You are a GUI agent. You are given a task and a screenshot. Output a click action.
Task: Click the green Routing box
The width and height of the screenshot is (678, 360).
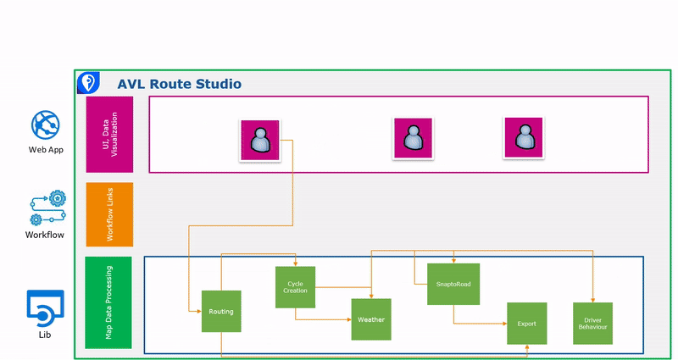point(221,311)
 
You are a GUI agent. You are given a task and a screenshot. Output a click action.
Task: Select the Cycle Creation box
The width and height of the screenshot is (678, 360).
point(295,287)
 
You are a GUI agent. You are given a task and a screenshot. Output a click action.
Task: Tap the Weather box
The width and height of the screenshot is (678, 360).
point(371,319)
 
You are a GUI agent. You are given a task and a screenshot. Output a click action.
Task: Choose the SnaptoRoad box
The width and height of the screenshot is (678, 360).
point(453,284)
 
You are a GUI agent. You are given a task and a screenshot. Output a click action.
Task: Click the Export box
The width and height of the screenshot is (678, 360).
point(526,323)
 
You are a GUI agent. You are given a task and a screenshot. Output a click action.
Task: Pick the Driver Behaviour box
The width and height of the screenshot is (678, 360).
point(592,323)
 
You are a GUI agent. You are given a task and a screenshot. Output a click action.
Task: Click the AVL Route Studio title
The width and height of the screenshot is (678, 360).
point(179,84)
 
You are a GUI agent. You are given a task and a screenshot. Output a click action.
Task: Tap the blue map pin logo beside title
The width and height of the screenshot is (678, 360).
point(87,82)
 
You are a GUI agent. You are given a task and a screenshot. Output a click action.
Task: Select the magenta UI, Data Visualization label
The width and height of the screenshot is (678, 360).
point(109,135)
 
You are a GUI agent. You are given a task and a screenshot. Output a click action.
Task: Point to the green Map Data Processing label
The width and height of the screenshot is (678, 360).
point(109,302)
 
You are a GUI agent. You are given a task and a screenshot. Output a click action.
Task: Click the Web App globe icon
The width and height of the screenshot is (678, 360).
point(46,125)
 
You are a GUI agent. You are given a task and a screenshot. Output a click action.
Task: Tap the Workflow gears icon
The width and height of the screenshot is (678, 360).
point(46,208)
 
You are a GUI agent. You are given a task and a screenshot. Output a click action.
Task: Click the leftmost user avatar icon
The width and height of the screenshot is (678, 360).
point(260,141)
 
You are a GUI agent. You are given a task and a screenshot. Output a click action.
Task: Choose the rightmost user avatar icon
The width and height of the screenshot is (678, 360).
point(524,137)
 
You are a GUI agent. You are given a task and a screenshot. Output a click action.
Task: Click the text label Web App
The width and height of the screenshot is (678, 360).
point(46,150)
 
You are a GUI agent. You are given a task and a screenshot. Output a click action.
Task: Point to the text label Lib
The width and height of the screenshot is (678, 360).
point(44,335)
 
